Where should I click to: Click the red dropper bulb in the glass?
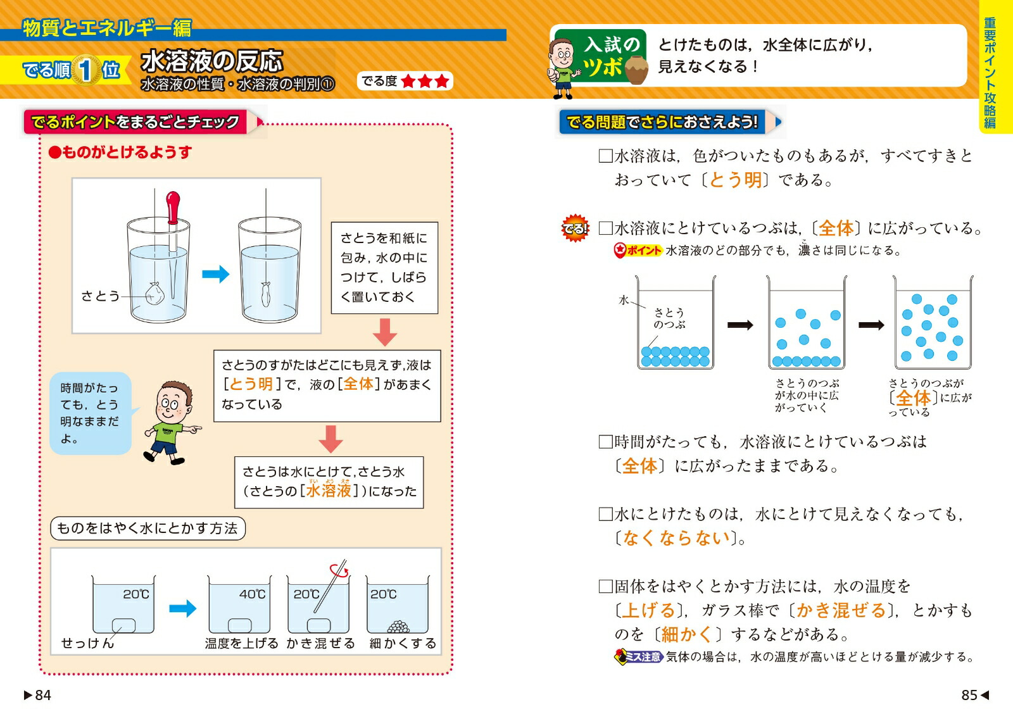[173, 207]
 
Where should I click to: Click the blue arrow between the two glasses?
[215, 273]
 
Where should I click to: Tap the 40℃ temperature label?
[253, 594]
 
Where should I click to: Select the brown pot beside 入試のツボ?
[636, 70]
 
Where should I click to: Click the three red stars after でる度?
[425, 82]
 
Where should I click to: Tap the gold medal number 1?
[85, 70]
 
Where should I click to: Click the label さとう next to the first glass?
[100, 296]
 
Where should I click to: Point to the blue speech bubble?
[91, 413]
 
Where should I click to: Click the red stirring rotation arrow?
[339, 570]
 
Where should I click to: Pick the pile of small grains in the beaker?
[398, 626]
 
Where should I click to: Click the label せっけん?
[87, 642]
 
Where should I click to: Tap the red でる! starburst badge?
[575, 228]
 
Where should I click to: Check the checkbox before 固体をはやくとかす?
[605, 587]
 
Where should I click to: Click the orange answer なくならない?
[677, 537]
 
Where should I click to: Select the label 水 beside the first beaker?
[624, 300]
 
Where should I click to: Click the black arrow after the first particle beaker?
[740, 325]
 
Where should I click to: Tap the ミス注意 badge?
[639, 656]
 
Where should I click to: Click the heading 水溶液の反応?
[212, 61]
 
